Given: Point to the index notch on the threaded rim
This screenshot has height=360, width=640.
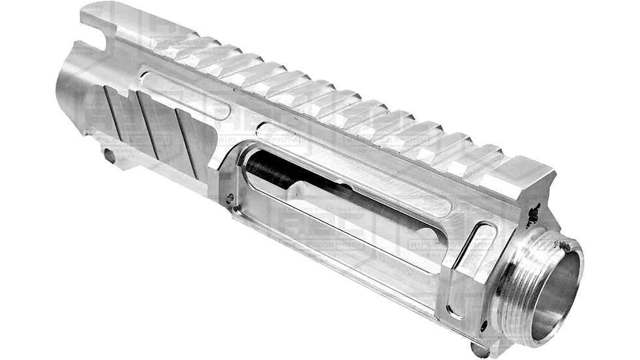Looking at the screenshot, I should (x=562, y=247).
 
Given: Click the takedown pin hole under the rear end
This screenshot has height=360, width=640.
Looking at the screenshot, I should (x=109, y=156).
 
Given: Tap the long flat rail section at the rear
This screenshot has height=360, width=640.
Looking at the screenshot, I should (x=137, y=26).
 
